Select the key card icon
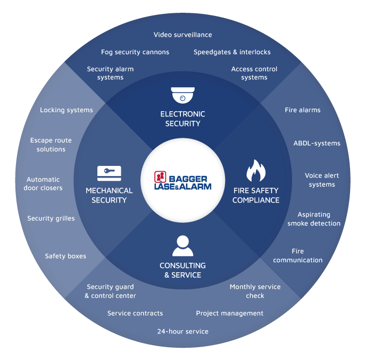tap(109, 173)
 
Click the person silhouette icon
tap(182, 245)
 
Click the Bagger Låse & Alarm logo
tap(182, 180)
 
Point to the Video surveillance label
tap(182, 35)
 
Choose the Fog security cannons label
tap(135, 52)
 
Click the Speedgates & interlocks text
tap(232, 52)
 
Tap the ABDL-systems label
tap(317, 143)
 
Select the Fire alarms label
tap(303, 110)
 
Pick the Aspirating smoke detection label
tap(314, 219)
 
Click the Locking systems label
tap(67, 110)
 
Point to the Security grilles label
tap(51, 219)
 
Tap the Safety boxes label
tap(65, 256)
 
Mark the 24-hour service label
tap(182, 331)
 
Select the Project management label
tap(229, 313)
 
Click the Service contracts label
tap(135, 313)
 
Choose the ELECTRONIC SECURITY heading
tap(182, 119)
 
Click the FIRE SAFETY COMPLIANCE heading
tap(255, 195)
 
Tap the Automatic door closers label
tap(43, 183)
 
